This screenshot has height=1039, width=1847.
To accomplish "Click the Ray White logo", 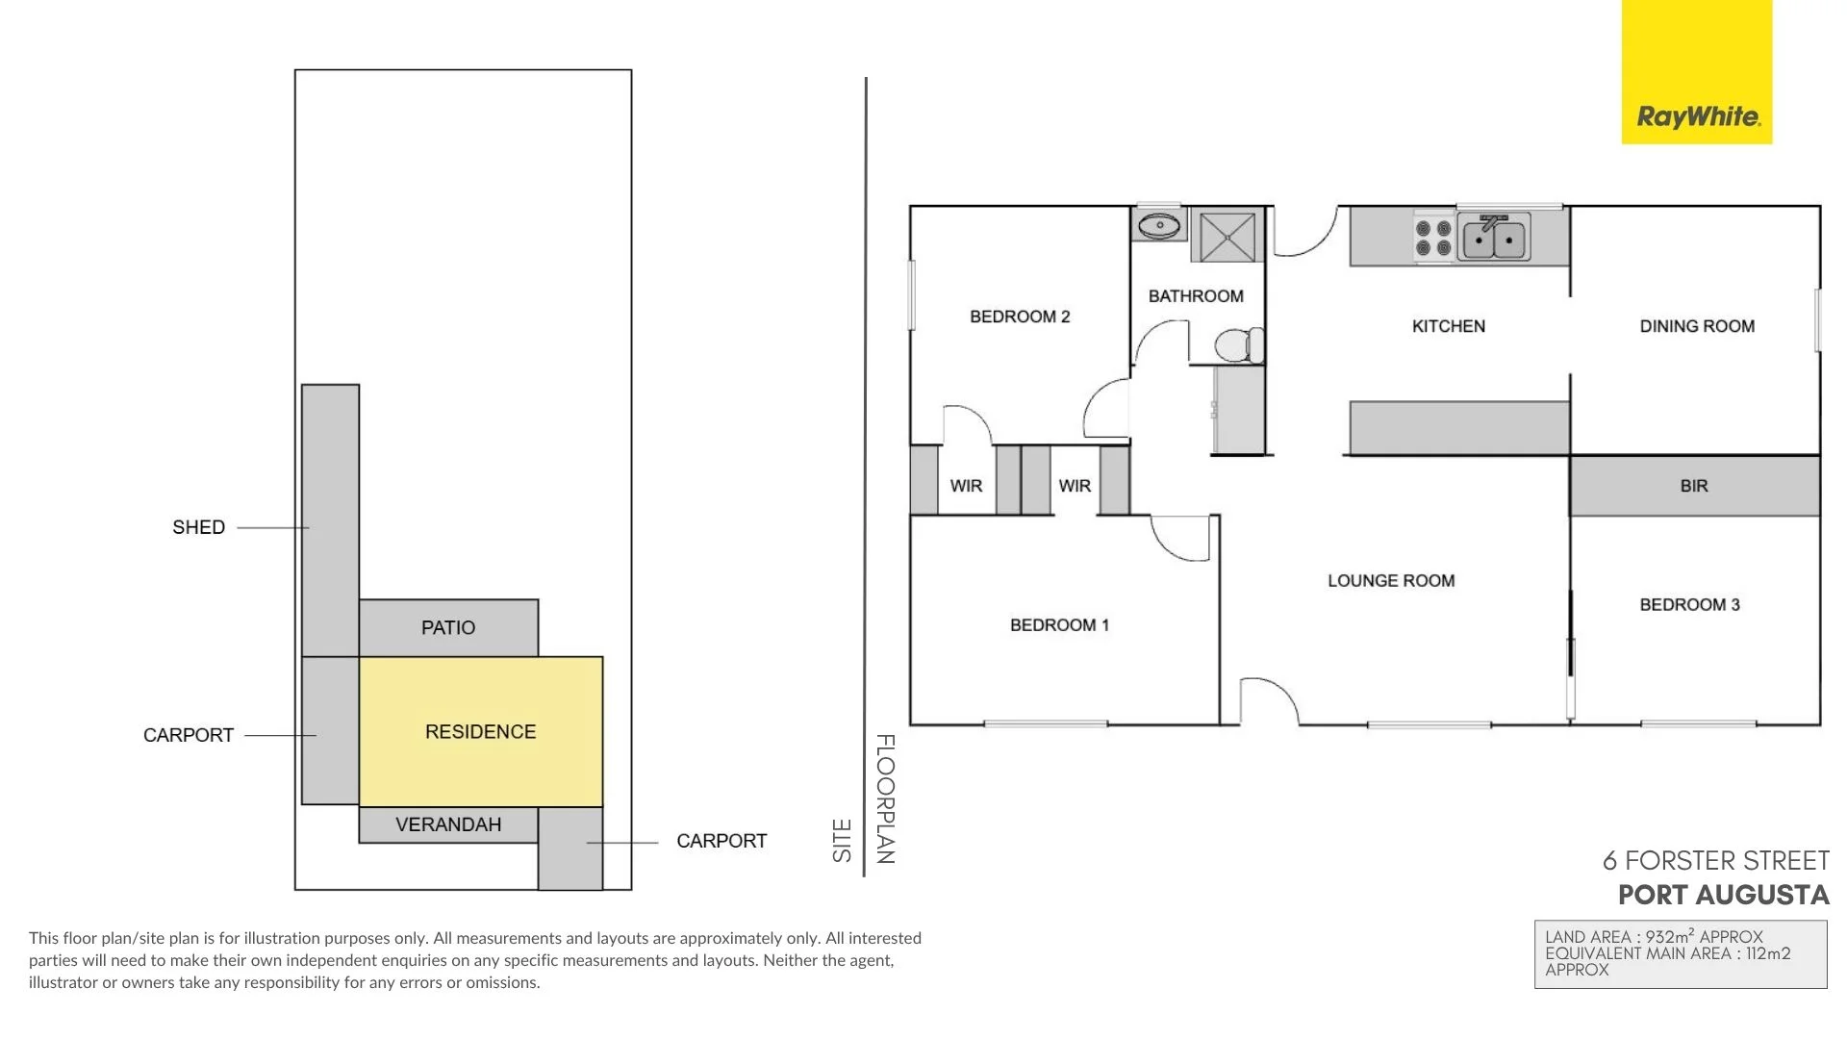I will click(1697, 116).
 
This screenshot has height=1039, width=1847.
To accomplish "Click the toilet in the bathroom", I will click(1238, 345).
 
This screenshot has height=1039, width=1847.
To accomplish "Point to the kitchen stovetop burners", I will click(1432, 238).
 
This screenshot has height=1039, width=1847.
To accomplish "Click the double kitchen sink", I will click(1494, 240).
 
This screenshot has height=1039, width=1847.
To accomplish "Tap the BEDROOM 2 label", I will click(1019, 317).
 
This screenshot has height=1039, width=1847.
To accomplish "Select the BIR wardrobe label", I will click(1693, 486).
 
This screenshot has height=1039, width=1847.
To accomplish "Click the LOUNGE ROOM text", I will click(1390, 580).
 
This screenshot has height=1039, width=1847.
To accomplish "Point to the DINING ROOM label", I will click(1696, 326).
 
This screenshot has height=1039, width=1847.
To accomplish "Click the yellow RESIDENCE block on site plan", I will click(480, 731).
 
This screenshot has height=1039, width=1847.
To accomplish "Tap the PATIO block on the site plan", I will click(447, 627).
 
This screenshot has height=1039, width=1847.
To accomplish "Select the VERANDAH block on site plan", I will click(447, 824).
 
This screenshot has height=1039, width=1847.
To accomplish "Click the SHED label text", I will click(198, 527).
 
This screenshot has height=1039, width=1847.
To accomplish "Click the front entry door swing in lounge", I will click(1268, 700).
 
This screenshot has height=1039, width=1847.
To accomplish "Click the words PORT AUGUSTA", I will click(1723, 895).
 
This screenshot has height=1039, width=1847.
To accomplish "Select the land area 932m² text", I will click(1654, 936).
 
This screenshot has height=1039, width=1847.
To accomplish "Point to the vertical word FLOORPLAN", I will click(885, 798).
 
